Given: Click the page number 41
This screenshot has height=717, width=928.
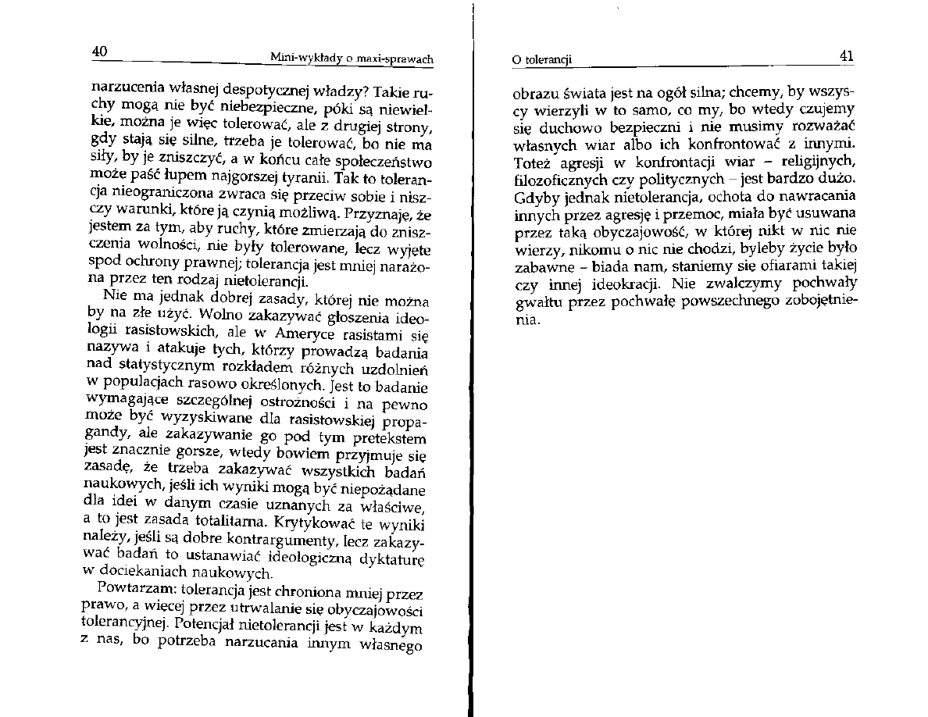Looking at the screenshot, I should click(846, 55).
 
